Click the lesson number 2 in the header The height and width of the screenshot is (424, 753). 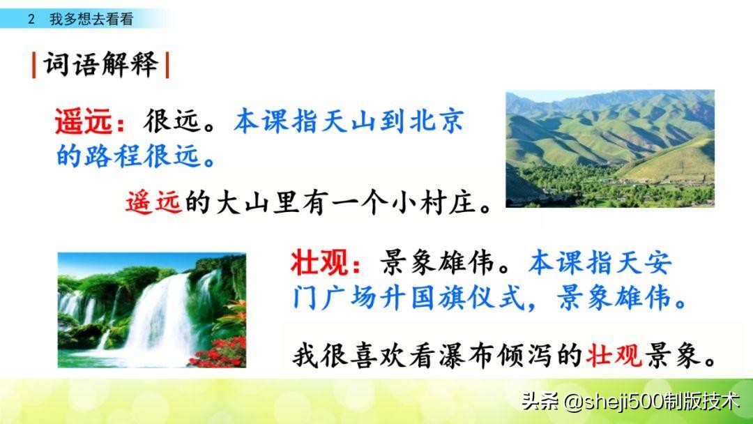click(31, 20)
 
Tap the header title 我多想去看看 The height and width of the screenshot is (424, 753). click(91, 20)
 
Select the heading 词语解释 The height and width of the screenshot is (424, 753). click(101, 64)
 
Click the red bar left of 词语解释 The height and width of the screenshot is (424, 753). click(33, 65)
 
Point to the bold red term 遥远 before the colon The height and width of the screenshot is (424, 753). click(84, 121)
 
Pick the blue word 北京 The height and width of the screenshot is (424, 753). click(436, 121)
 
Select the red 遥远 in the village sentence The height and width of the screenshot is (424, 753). click(153, 202)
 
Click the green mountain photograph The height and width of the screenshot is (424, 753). click(610, 149)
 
